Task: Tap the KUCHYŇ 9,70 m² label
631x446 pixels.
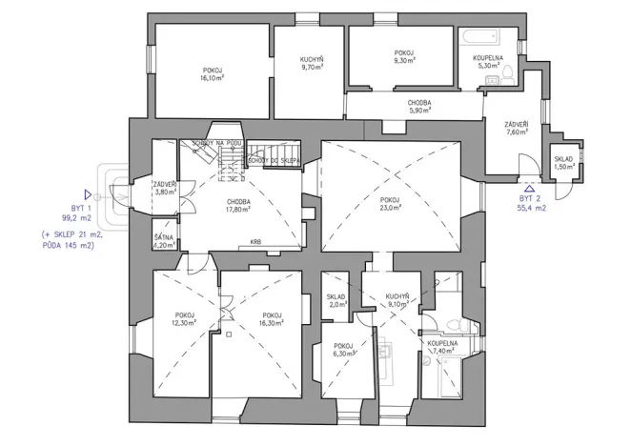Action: pos(311,64)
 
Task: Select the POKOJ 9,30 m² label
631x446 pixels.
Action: pos(405,55)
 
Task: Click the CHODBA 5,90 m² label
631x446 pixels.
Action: pos(420,106)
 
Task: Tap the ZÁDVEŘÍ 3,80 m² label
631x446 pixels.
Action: pos(166,187)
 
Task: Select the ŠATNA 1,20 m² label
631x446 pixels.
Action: pos(165,240)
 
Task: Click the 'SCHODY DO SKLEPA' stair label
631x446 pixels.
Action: pos(275,160)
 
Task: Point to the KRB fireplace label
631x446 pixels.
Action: pos(256,242)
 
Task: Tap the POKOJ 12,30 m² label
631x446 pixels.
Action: pos(184,319)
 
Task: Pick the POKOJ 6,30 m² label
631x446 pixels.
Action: pos(343,349)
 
